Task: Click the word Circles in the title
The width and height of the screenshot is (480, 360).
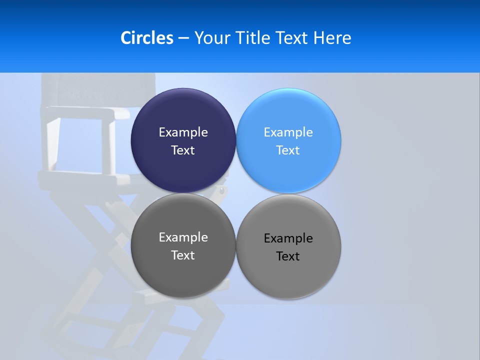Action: point(147,38)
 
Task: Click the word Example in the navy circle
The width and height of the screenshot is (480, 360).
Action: point(183,132)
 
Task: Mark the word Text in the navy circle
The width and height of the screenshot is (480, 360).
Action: point(183,150)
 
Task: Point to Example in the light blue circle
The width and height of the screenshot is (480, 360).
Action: point(288,132)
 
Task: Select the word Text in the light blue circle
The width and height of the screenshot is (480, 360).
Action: point(288,150)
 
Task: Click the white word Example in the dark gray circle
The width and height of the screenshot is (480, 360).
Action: point(183,237)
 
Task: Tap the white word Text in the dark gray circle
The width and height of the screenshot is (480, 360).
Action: point(183,255)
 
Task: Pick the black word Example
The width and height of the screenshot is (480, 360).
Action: point(288,238)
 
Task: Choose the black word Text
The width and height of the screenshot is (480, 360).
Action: point(288,256)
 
